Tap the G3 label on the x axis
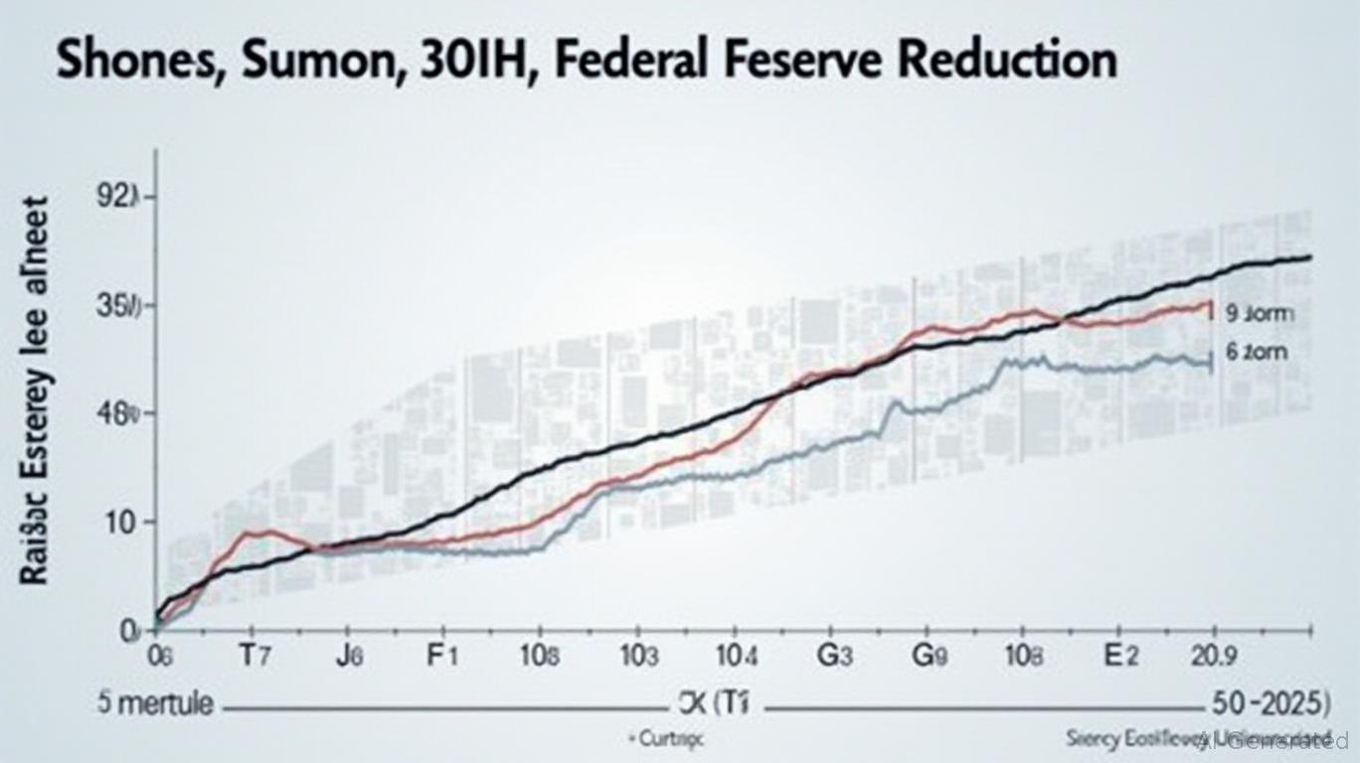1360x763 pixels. click(x=834, y=658)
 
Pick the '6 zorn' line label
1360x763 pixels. click(x=1258, y=352)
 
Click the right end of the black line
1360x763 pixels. click(x=1308, y=257)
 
